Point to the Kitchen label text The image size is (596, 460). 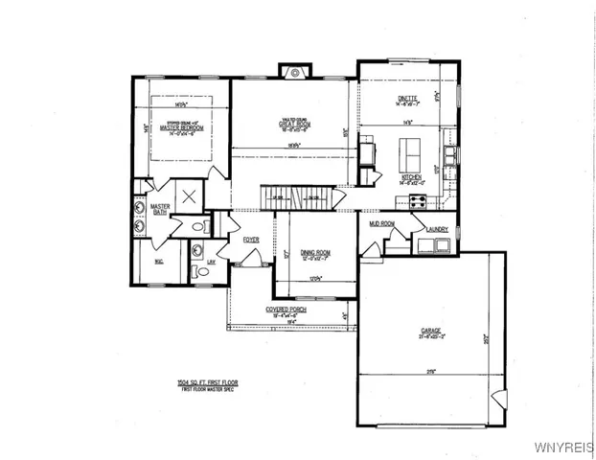409,178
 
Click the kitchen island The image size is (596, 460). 411,149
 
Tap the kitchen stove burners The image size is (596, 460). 419,200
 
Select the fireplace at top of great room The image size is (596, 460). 295,71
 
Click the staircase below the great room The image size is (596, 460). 303,196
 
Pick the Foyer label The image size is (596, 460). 252,240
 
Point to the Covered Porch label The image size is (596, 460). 286,310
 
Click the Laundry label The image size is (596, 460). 438,230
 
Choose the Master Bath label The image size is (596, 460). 159,208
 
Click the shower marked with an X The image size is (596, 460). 189,195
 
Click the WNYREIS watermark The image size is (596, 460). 569,448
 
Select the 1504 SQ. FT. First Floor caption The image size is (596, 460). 207,382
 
